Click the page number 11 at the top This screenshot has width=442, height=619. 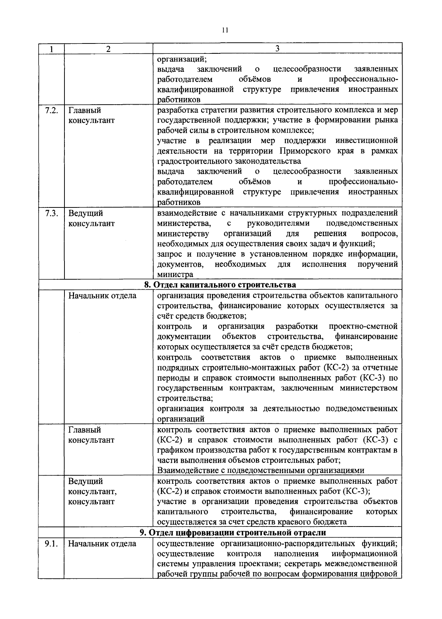coord(225,30)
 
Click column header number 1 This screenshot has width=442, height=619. coord(51,49)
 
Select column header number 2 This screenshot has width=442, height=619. coord(108,49)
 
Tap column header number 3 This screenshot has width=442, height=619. coord(277,49)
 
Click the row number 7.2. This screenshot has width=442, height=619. coord(51,110)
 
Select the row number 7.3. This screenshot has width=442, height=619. coord(51,213)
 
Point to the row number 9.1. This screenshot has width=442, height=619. coord(51,543)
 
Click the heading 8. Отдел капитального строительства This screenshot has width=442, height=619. coord(220,285)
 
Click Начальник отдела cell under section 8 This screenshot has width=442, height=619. coord(102,295)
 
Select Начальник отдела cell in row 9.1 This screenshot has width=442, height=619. coord(102,543)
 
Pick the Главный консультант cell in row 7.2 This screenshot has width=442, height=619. coord(91,115)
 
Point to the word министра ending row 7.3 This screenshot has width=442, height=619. coord(175,274)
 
